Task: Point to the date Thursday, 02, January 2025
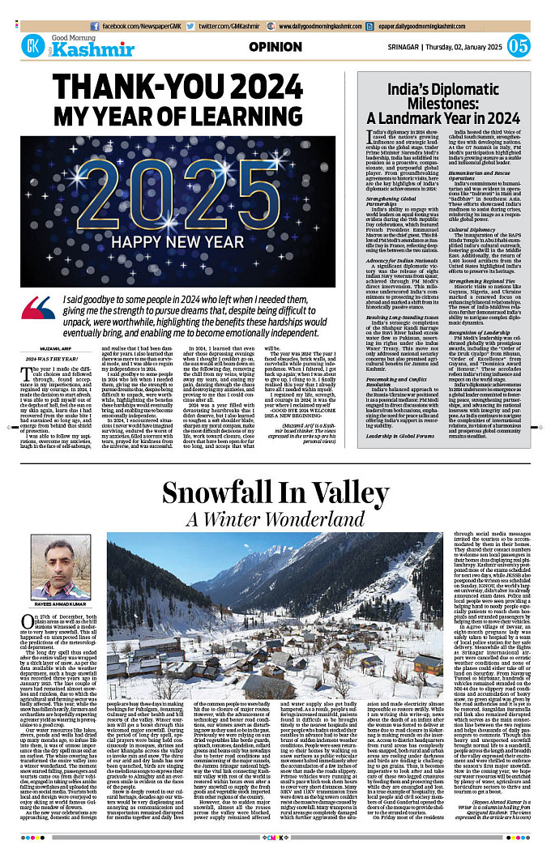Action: pyautogui.click(x=464, y=46)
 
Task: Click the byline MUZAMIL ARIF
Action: pyautogui.click(x=38, y=351)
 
